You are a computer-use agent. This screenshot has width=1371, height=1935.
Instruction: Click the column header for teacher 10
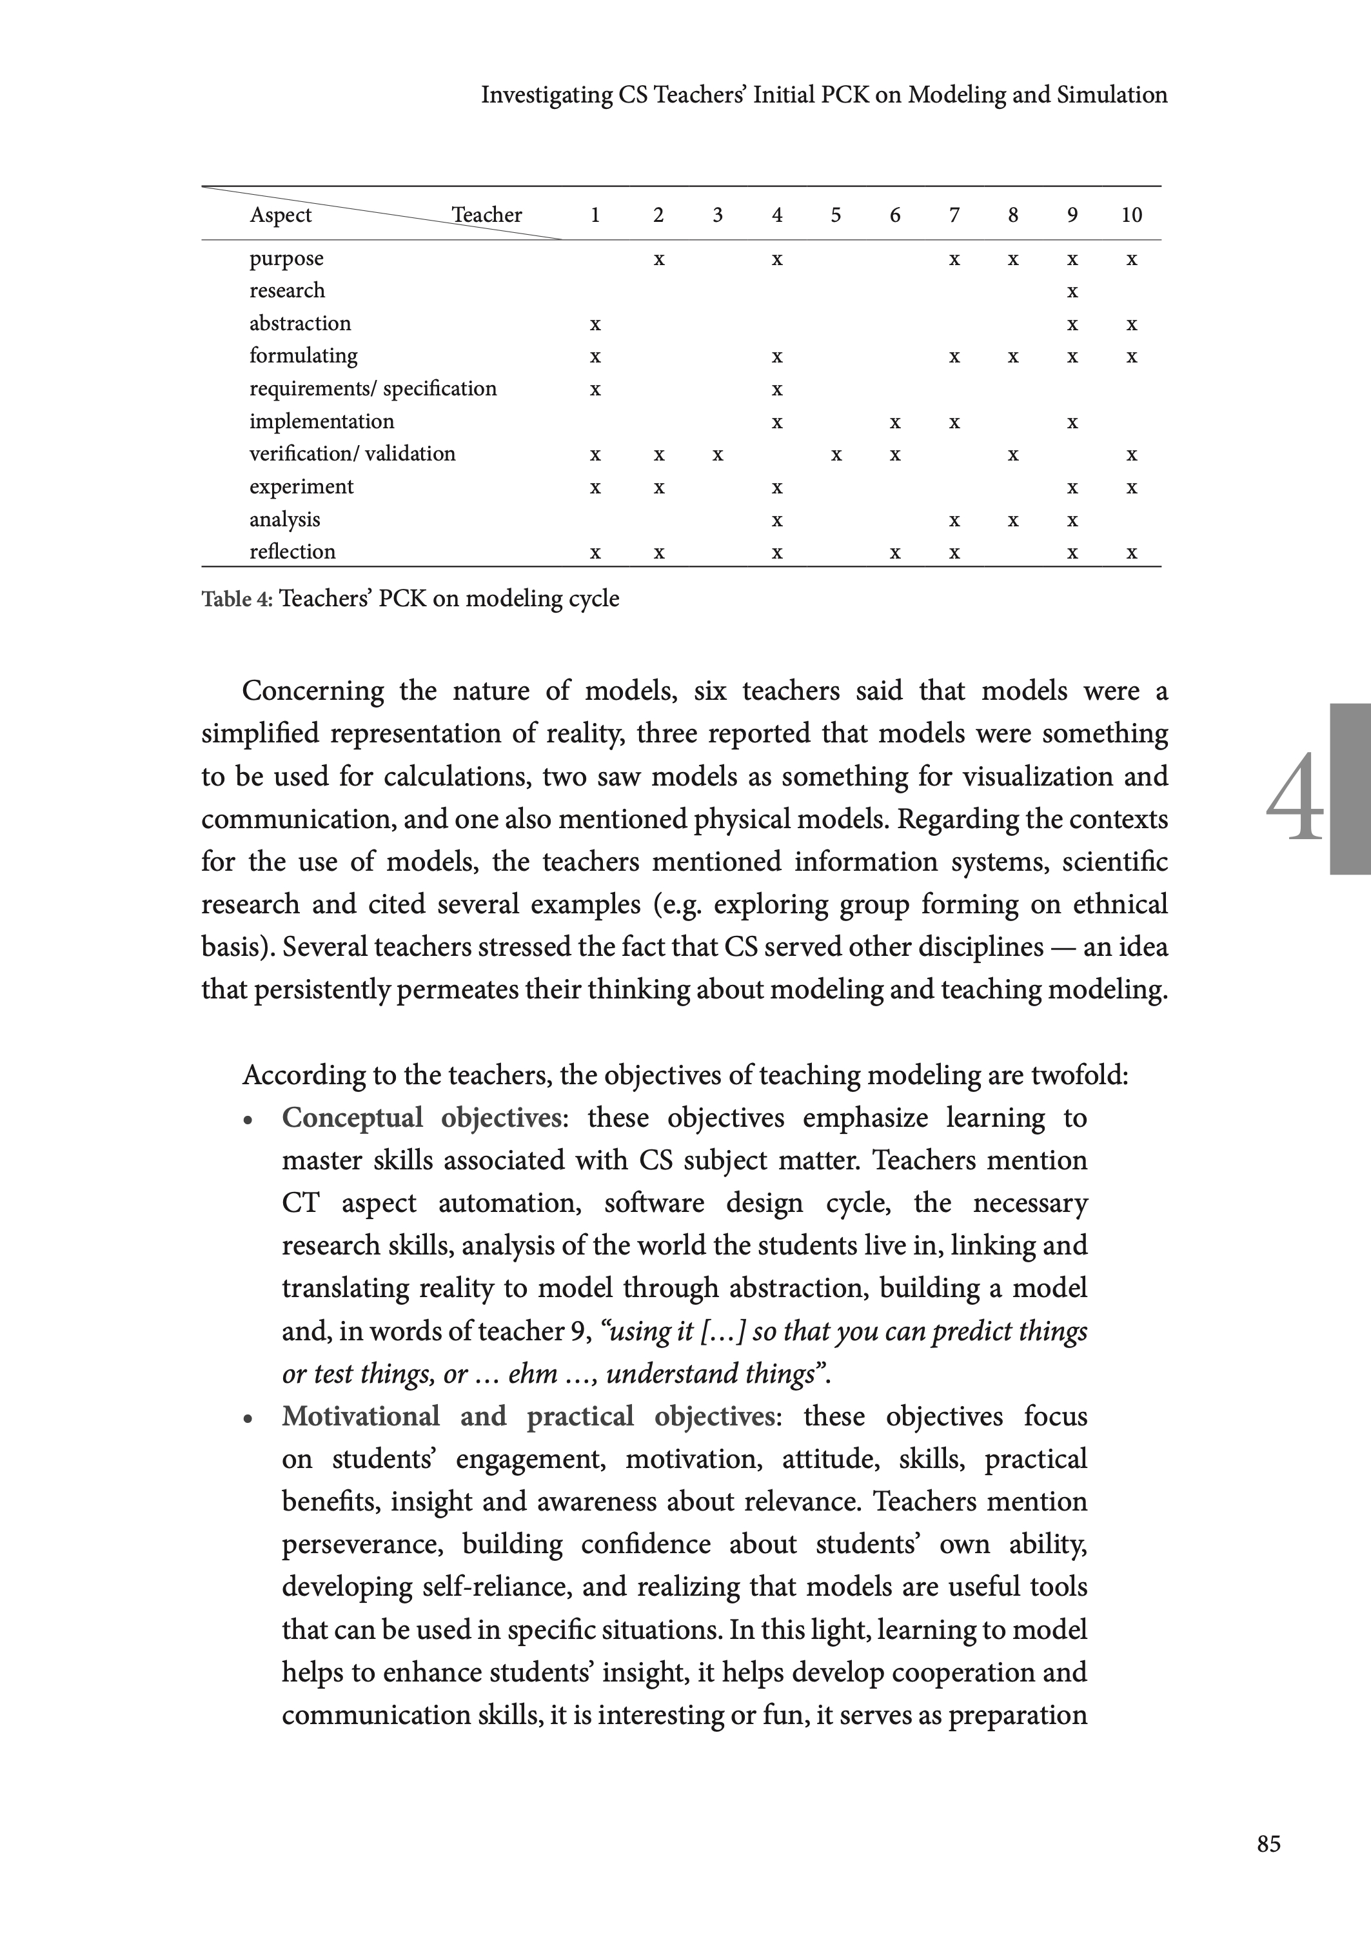1131,215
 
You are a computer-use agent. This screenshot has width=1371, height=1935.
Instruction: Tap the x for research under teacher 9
1072,292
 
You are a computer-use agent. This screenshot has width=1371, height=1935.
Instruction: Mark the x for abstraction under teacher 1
595,324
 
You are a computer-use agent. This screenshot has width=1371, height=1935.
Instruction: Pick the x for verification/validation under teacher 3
718,455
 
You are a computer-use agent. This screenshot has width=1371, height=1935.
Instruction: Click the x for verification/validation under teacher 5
836,455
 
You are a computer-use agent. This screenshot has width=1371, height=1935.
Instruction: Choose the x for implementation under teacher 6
895,422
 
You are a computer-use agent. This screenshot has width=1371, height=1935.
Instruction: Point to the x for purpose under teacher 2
658,259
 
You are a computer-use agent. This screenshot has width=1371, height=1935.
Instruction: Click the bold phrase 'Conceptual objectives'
422,1118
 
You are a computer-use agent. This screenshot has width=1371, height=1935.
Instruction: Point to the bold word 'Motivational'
360,1416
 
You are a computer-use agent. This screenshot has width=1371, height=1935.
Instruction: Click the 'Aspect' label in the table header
281,215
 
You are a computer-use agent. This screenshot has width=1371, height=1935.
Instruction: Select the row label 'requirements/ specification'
372,388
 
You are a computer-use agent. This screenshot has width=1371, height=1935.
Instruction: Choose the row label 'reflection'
292,552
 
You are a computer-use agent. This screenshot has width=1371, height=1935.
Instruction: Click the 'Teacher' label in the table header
486,215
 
